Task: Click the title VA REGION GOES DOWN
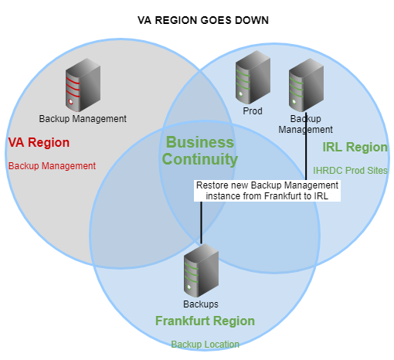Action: point(203,20)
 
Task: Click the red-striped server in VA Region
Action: point(83,85)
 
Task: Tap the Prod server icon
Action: point(253,77)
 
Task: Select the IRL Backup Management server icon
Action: point(306,85)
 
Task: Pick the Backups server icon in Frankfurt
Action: point(201,270)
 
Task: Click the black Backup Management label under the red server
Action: point(83,119)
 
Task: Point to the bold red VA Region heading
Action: point(39,142)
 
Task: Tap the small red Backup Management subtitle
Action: point(52,166)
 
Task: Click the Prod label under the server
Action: point(253,111)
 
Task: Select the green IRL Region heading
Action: point(355,147)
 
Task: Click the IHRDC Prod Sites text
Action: point(350,171)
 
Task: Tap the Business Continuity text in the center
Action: point(200,151)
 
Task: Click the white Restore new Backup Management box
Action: point(267,191)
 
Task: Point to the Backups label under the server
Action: point(201,304)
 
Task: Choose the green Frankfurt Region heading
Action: point(205,321)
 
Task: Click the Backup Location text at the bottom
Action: point(205,345)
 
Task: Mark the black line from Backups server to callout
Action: point(201,222)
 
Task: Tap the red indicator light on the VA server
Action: point(71,102)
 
